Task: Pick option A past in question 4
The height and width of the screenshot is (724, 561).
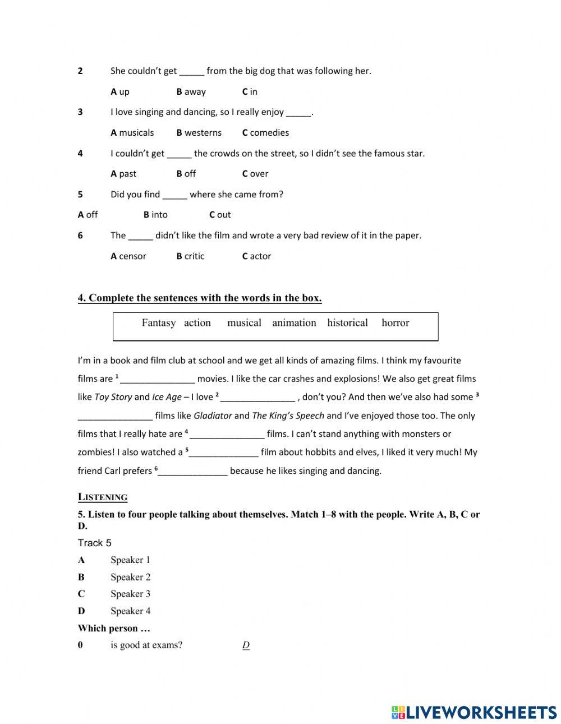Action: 123,173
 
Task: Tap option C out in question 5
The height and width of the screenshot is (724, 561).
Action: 220,214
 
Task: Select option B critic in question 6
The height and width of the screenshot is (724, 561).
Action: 190,256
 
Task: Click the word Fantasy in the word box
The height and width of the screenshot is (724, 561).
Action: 158,322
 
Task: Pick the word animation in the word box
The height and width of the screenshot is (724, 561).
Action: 294,322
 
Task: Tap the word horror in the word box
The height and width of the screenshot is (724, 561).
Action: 395,322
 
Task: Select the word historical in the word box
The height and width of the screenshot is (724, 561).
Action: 347,322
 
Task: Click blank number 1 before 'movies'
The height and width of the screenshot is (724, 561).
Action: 158,379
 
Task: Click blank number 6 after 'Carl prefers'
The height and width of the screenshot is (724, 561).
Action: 193,471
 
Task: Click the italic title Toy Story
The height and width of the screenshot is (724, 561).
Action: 113,397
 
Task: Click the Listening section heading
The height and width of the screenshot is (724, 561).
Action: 103,497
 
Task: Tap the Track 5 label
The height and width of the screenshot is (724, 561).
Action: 94,542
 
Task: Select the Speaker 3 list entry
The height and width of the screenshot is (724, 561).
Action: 130,593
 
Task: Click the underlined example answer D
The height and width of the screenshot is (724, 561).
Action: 246,645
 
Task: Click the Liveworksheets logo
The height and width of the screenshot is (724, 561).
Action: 474,712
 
